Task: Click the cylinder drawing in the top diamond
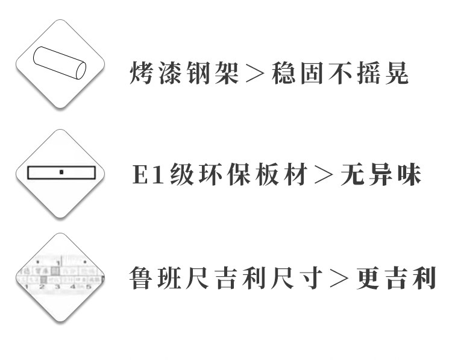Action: point(60,63)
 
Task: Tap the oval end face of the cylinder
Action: point(80,70)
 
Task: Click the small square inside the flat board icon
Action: point(61,172)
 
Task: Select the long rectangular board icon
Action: point(61,172)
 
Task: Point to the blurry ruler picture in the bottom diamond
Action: point(60,273)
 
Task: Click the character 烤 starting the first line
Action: point(141,73)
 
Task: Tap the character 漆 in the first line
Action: point(170,73)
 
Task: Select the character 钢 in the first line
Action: point(198,73)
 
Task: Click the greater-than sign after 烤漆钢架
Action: point(255,74)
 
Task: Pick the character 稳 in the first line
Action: point(283,73)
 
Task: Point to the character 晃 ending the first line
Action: point(397,73)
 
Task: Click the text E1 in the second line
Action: point(148,174)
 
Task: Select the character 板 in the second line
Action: point(267,174)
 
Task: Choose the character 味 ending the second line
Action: point(410,174)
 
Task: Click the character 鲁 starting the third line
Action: point(140,278)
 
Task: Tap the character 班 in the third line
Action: point(169,278)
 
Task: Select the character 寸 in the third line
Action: point(311,278)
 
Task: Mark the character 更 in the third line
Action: point(368,278)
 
